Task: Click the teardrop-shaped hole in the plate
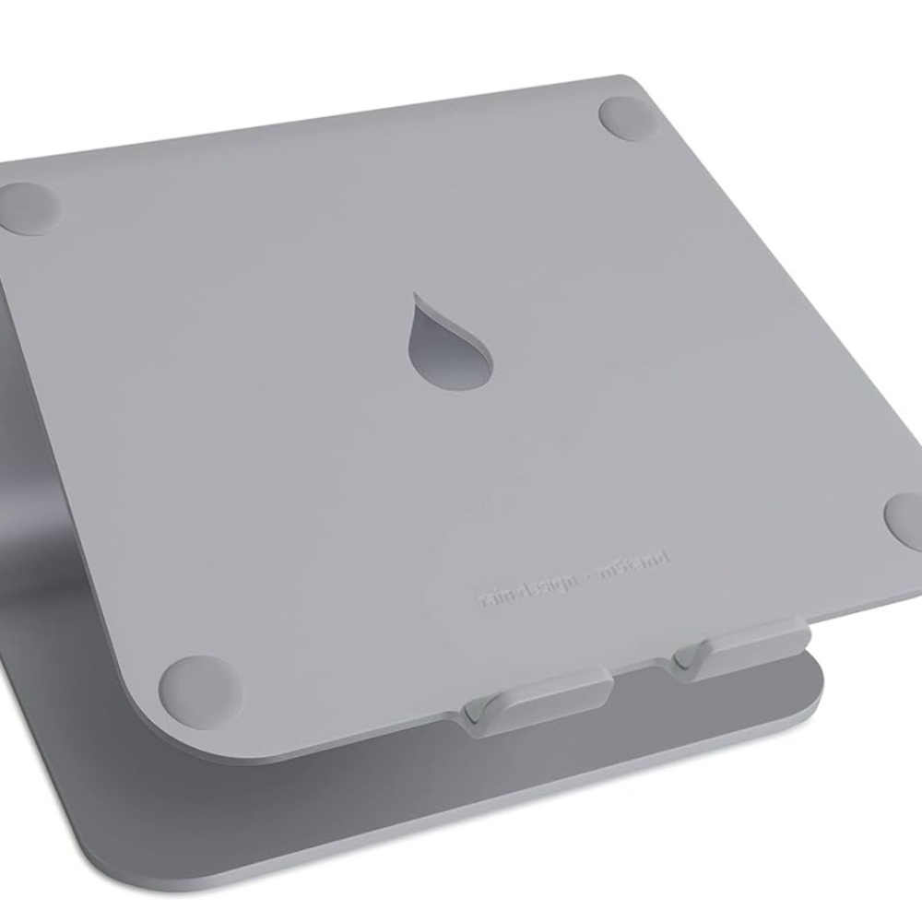pyautogui.click(x=454, y=346)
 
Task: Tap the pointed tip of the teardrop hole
pyautogui.click(x=418, y=297)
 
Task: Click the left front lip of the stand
pyautogui.click(x=534, y=700)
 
